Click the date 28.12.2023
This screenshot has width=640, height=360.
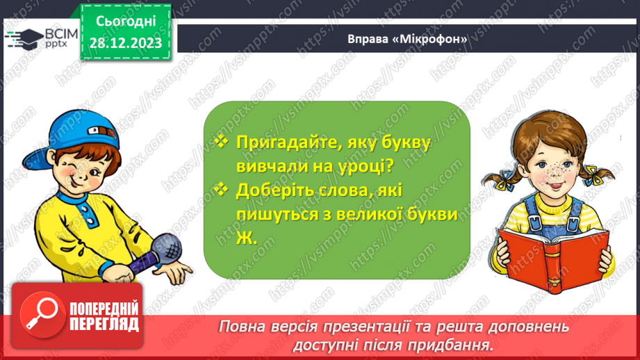(125, 43)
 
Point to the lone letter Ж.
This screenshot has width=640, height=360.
(244, 238)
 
